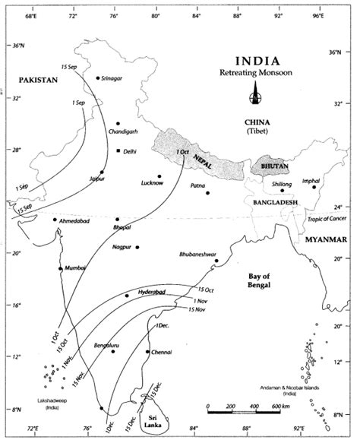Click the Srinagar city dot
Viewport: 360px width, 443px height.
(x=97, y=78)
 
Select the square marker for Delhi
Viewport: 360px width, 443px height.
(x=118, y=150)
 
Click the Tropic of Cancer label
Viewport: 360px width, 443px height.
(x=329, y=219)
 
